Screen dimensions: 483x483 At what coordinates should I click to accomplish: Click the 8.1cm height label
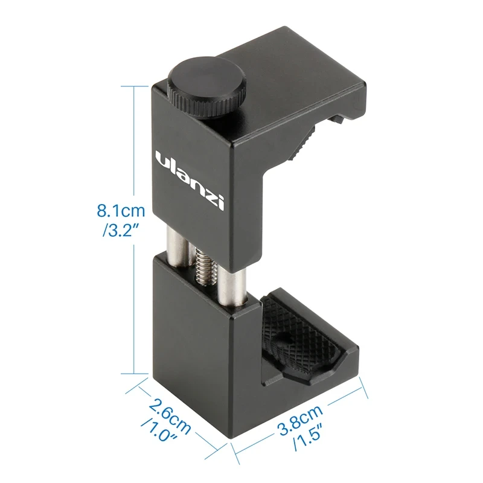121,211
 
